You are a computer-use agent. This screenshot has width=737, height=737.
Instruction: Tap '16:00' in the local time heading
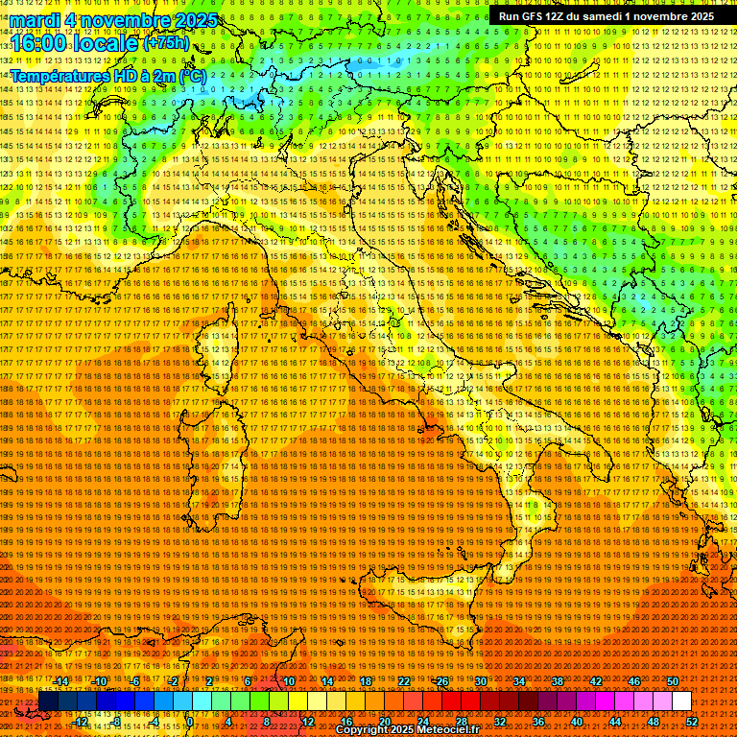click(x=37, y=43)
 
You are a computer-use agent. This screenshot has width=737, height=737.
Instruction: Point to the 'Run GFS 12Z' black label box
click(x=606, y=15)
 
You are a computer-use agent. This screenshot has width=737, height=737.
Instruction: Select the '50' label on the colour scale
click(x=672, y=681)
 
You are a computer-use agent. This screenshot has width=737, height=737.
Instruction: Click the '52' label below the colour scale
click(x=692, y=722)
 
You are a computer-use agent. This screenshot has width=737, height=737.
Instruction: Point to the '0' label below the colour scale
click(x=191, y=722)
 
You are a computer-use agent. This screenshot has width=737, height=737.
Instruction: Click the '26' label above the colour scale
click(x=441, y=681)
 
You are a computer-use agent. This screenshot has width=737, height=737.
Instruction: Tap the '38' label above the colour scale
click(x=557, y=681)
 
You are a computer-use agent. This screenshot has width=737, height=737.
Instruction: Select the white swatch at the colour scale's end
click(x=681, y=701)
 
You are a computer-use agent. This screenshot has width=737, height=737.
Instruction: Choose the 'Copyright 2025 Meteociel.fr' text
click(x=407, y=730)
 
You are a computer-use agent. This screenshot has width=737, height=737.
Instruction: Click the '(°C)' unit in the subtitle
click(x=191, y=75)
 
